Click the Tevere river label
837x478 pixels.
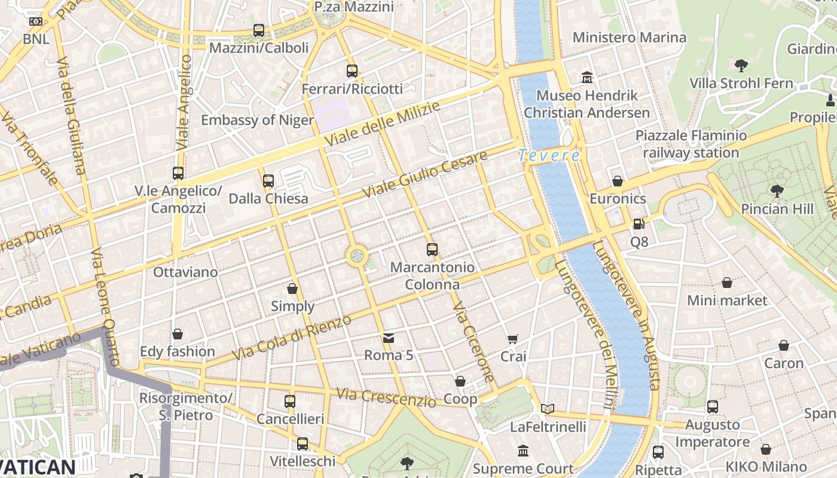click(549, 156)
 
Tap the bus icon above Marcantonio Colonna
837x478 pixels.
click(432, 250)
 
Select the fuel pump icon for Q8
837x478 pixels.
click(639, 224)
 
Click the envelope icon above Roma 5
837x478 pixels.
click(389, 338)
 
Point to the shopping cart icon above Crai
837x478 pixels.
click(512, 339)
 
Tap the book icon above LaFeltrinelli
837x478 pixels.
click(548, 409)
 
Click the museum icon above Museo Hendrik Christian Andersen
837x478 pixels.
click(586, 78)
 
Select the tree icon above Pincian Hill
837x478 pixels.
click(777, 191)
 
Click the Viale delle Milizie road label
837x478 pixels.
click(383, 124)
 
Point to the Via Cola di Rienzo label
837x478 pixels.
click(291, 338)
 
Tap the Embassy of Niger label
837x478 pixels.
click(257, 120)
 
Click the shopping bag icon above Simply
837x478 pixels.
click(292, 289)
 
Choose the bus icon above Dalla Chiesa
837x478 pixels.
click(268, 180)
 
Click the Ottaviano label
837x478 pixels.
click(185, 272)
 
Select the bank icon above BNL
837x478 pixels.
click(36, 22)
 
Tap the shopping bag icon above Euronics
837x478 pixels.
click(618, 181)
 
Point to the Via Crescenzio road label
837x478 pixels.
click(386, 397)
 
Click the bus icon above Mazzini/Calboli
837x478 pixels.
click(259, 30)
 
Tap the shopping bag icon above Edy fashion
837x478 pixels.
click(177, 334)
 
